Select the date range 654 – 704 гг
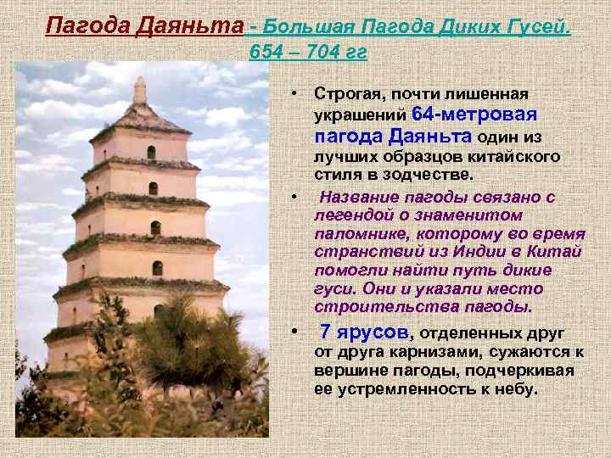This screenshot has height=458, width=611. tap(308, 53)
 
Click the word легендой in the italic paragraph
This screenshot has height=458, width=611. tap(347, 215)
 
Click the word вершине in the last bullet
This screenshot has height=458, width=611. tap(348, 371)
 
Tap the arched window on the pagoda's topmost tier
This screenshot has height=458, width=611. tap(151, 152)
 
